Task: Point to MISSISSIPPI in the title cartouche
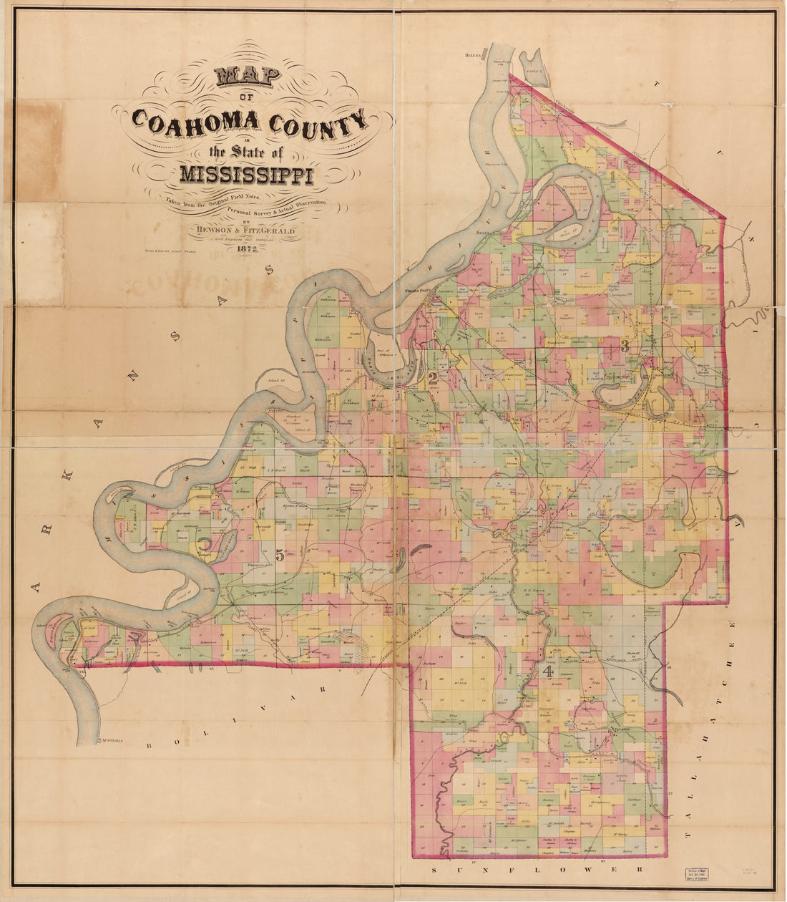246,174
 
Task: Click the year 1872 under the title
246,248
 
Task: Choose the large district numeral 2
432,379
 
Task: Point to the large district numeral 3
625,346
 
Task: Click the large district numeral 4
549,671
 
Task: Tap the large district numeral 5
279,555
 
